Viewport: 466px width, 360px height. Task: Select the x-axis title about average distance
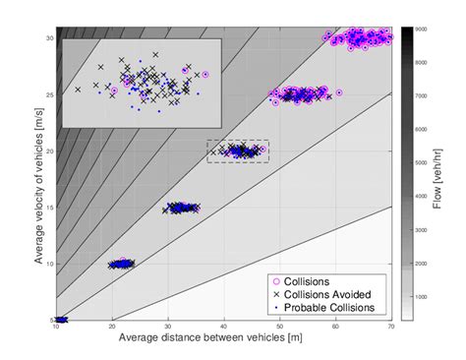point(224,338)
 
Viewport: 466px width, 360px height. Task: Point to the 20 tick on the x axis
point(112,327)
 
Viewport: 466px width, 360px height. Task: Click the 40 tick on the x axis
point(224,327)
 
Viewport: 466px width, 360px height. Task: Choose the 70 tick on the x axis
point(391,327)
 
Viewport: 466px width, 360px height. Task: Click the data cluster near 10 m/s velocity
point(122,264)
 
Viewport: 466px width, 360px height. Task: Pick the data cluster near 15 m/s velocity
point(182,208)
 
